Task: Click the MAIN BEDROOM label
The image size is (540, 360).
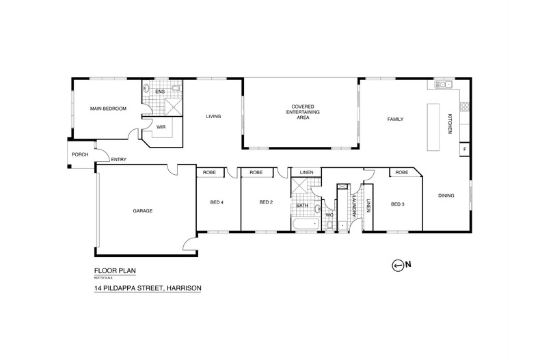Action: point(108,109)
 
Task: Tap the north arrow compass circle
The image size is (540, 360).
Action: point(397,265)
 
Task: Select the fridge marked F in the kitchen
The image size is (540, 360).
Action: point(465,150)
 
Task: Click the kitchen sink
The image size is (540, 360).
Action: point(444,84)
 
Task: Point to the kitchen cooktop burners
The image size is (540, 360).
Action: point(465,107)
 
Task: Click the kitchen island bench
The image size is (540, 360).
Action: point(433,127)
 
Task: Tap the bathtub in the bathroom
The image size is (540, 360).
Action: point(306,225)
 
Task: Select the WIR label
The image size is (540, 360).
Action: point(161,127)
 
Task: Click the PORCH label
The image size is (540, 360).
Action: point(80,154)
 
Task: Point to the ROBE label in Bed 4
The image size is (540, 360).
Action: point(209,172)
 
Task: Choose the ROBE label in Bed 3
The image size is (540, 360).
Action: point(402,172)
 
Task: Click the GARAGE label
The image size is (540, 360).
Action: point(143,210)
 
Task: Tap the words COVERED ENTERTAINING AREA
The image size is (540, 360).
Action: point(303,112)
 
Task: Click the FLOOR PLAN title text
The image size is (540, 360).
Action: point(115,271)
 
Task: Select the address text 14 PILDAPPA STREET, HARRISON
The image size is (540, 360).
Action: point(148,288)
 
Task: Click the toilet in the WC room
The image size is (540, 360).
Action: point(329,226)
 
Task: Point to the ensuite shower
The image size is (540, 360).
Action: point(174,107)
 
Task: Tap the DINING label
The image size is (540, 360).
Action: point(446,195)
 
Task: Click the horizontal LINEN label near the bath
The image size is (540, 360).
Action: point(306,172)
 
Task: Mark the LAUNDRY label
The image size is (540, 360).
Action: point(354,206)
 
